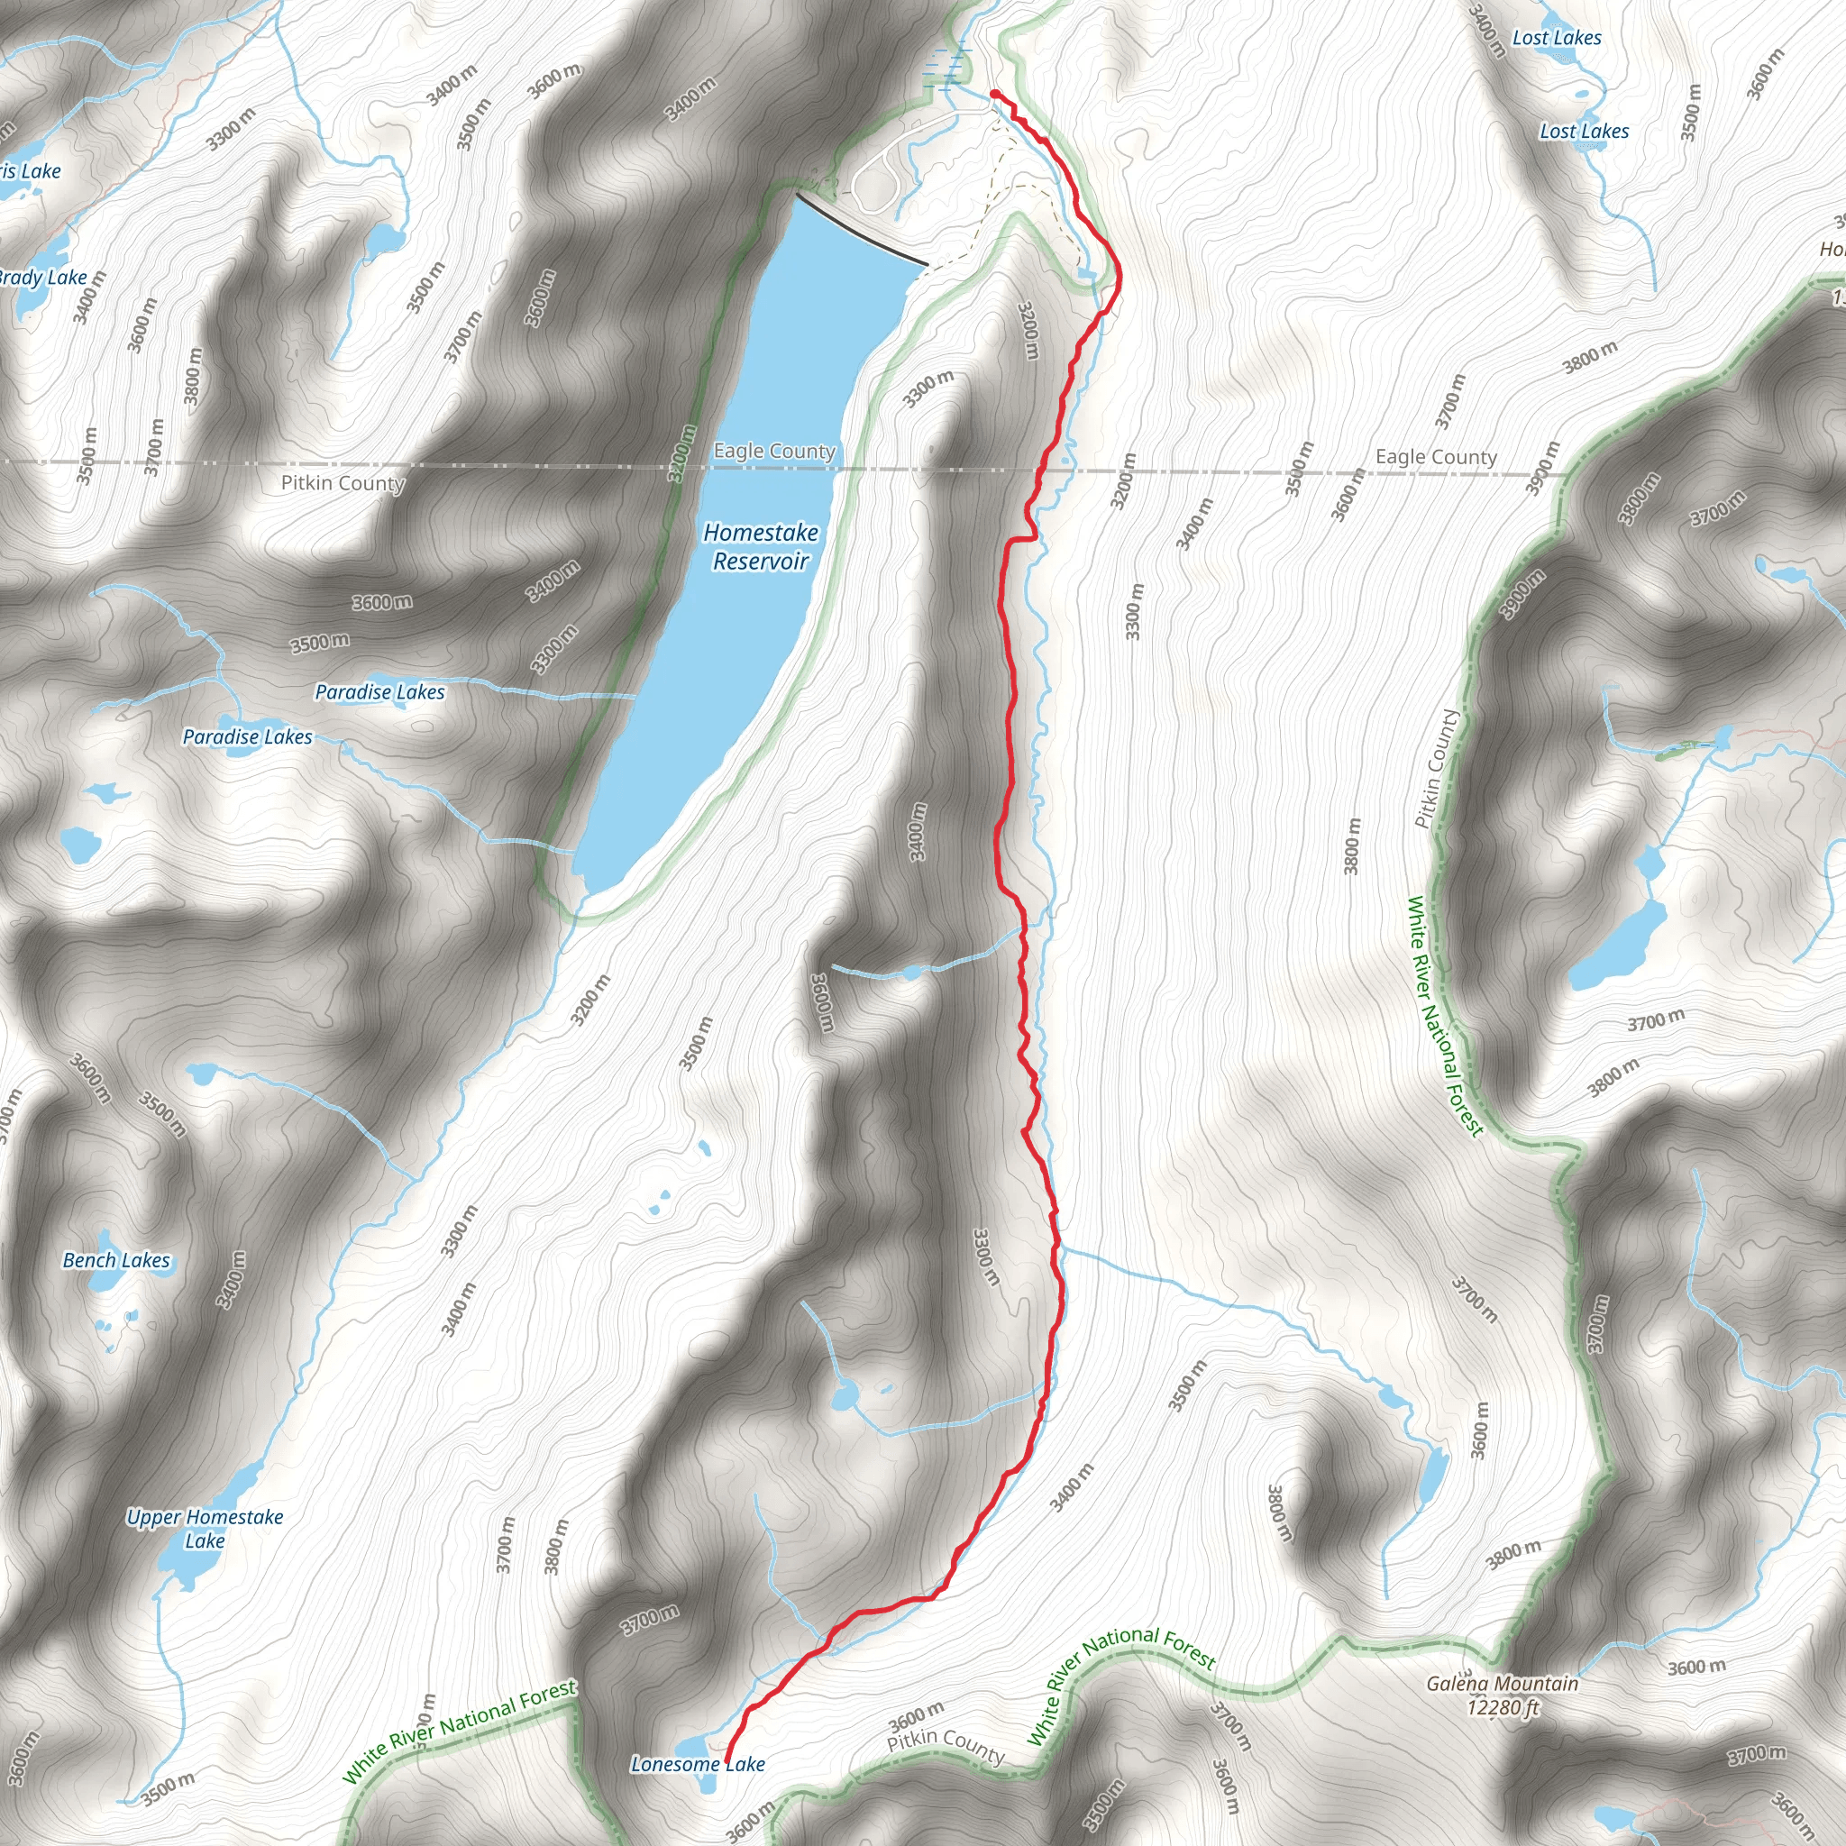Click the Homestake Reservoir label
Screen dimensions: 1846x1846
[761, 546]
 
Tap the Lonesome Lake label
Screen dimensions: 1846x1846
[697, 1764]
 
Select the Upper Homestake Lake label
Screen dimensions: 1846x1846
[205, 1528]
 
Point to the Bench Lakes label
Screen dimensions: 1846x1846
[115, 1260]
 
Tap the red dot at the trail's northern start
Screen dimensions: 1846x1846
[995, 94]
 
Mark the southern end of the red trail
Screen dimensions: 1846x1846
[728, 1759]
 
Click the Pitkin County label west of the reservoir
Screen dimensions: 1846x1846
[342, 482]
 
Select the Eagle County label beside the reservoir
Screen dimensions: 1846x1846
[774, 451]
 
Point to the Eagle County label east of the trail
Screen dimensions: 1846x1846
[1435, 457]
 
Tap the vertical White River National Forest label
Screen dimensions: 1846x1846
[1444, 1017]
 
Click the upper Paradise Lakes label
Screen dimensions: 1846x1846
[379, 691]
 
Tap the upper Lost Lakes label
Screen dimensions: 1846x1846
[1557, 38]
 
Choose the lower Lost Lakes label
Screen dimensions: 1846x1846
[1583, 131]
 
